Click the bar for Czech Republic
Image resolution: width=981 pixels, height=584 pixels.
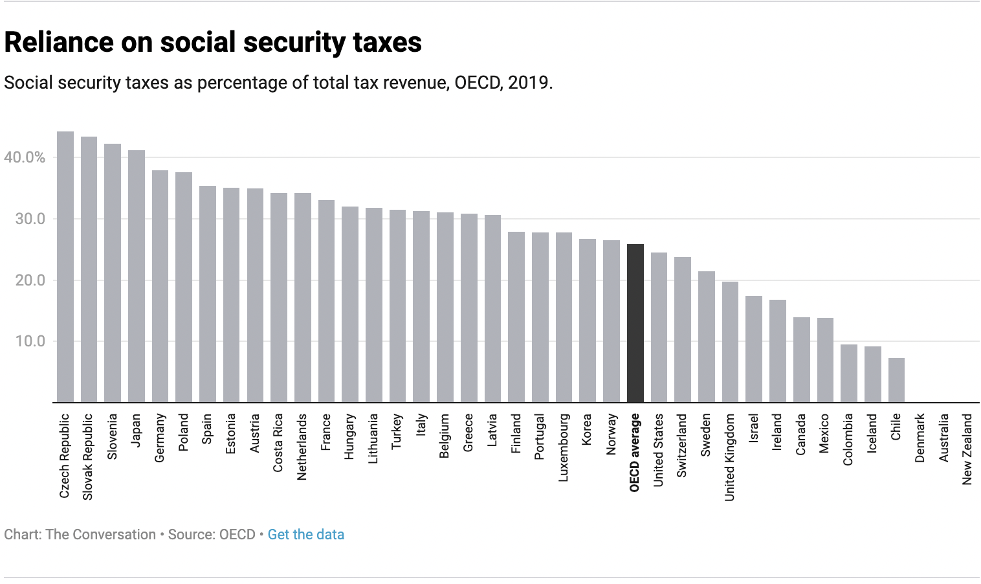(65, 267)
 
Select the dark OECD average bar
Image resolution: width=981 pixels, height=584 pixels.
(635, 323)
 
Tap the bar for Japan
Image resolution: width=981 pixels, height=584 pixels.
(136, 276)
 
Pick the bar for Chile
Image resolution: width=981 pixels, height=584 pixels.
(896, 380)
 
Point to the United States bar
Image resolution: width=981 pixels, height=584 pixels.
(659, 328)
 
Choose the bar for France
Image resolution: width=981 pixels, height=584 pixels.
(326, 301)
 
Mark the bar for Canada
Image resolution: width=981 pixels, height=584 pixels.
(801, 360)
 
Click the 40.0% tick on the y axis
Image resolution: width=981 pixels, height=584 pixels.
(25, 157)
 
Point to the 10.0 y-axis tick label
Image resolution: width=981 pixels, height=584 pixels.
(30, 341)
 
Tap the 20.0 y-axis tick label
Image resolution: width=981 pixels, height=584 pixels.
(30, 280)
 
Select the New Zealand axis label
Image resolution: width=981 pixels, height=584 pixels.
(967, 449)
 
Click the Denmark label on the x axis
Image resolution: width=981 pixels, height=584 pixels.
(920, 438)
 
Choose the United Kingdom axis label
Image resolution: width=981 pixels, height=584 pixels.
(730, 457)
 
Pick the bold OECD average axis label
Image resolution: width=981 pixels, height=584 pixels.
(635, 453)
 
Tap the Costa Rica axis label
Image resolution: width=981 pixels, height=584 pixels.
(278, 443)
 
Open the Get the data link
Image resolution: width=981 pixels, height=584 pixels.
(305, 535)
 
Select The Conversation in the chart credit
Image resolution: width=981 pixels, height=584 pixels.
(100, 535)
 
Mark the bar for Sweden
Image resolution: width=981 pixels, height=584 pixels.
(706, 337)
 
